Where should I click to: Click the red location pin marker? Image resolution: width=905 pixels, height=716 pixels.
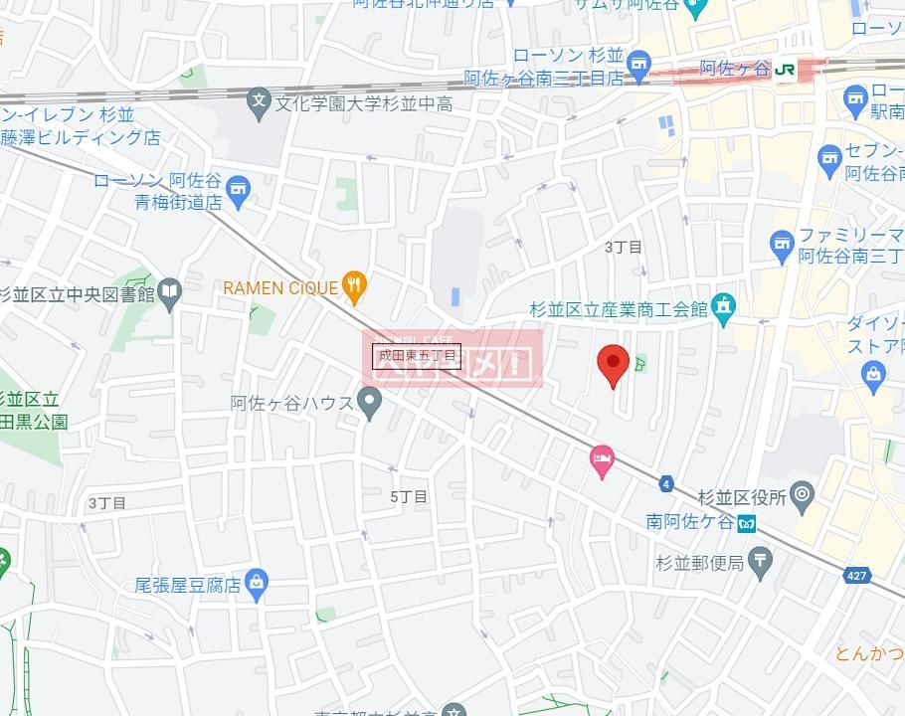613,364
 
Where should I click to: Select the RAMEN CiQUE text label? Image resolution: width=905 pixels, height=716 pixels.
280,288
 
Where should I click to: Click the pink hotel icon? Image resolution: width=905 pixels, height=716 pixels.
602,460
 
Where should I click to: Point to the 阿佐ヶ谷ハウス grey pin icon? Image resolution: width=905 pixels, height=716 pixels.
371,403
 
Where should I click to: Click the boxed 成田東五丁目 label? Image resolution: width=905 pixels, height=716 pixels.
417,356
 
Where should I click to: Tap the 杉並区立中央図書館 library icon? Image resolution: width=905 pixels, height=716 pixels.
170,292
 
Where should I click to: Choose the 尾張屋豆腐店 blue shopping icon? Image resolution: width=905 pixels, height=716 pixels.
257,585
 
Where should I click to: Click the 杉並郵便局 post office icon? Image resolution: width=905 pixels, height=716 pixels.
761,563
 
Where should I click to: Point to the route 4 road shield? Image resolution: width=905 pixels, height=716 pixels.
665,484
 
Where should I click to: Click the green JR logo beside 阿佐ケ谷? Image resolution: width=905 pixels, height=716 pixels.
786,69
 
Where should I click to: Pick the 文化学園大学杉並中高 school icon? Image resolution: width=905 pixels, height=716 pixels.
259,101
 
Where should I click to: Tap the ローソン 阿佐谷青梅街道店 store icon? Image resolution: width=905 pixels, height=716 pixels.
238,190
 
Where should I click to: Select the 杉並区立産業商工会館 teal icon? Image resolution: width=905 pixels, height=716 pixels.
723,308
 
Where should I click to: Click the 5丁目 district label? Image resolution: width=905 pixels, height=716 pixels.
409,496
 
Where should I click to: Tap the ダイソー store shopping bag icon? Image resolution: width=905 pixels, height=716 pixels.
873,373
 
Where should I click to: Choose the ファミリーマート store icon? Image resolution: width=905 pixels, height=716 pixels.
782,242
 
